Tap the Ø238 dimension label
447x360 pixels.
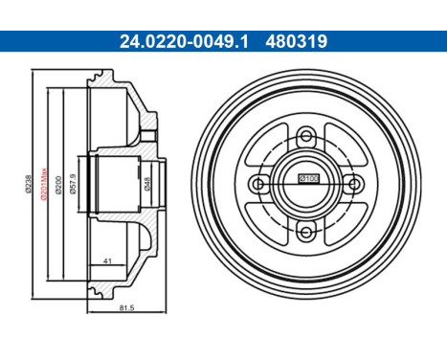[x=31, y=185]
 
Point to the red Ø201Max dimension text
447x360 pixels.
[x=43, y=182]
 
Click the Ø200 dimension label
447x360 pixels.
[x=58, y=185]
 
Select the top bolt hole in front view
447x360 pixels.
[x=308, y=134]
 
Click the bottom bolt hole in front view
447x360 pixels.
[x=308, y=229]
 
